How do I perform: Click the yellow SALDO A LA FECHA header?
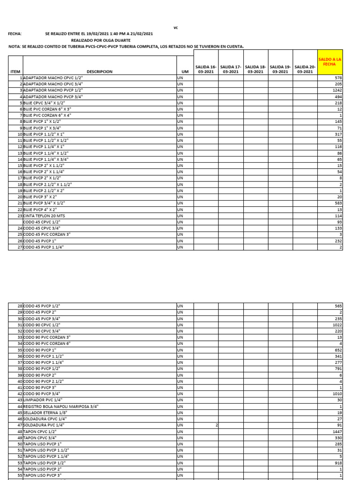pos(330,61)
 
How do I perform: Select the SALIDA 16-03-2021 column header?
pos(206,69)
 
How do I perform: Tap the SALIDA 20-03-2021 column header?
pos(305,69)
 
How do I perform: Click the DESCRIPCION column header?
pos(99,72)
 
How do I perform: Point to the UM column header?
pos(185,72)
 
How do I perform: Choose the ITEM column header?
pos(15,72)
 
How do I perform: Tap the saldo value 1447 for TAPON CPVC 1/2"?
pos(336,430)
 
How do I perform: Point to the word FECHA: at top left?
pos(15,34)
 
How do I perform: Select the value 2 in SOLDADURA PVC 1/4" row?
pos(217,425)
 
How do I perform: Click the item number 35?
pos(20,350)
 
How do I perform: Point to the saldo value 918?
pos(337,462)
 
